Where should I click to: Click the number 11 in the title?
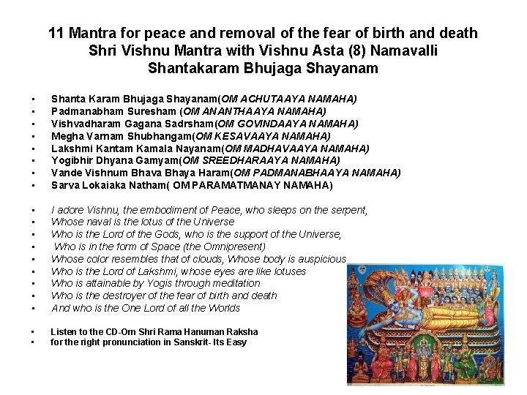point(56,34)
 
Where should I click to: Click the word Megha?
point(66,136)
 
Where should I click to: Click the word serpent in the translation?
point(348,210)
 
